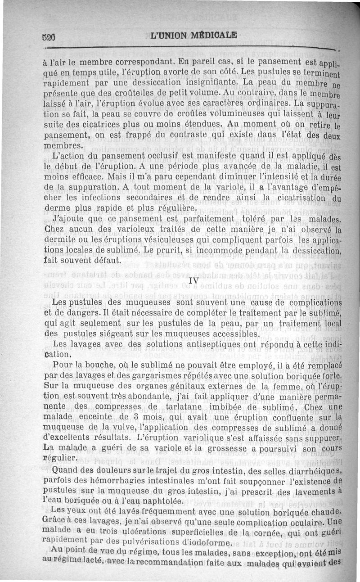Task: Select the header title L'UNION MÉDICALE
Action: point(194,36)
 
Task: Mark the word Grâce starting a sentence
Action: point(57,522)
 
